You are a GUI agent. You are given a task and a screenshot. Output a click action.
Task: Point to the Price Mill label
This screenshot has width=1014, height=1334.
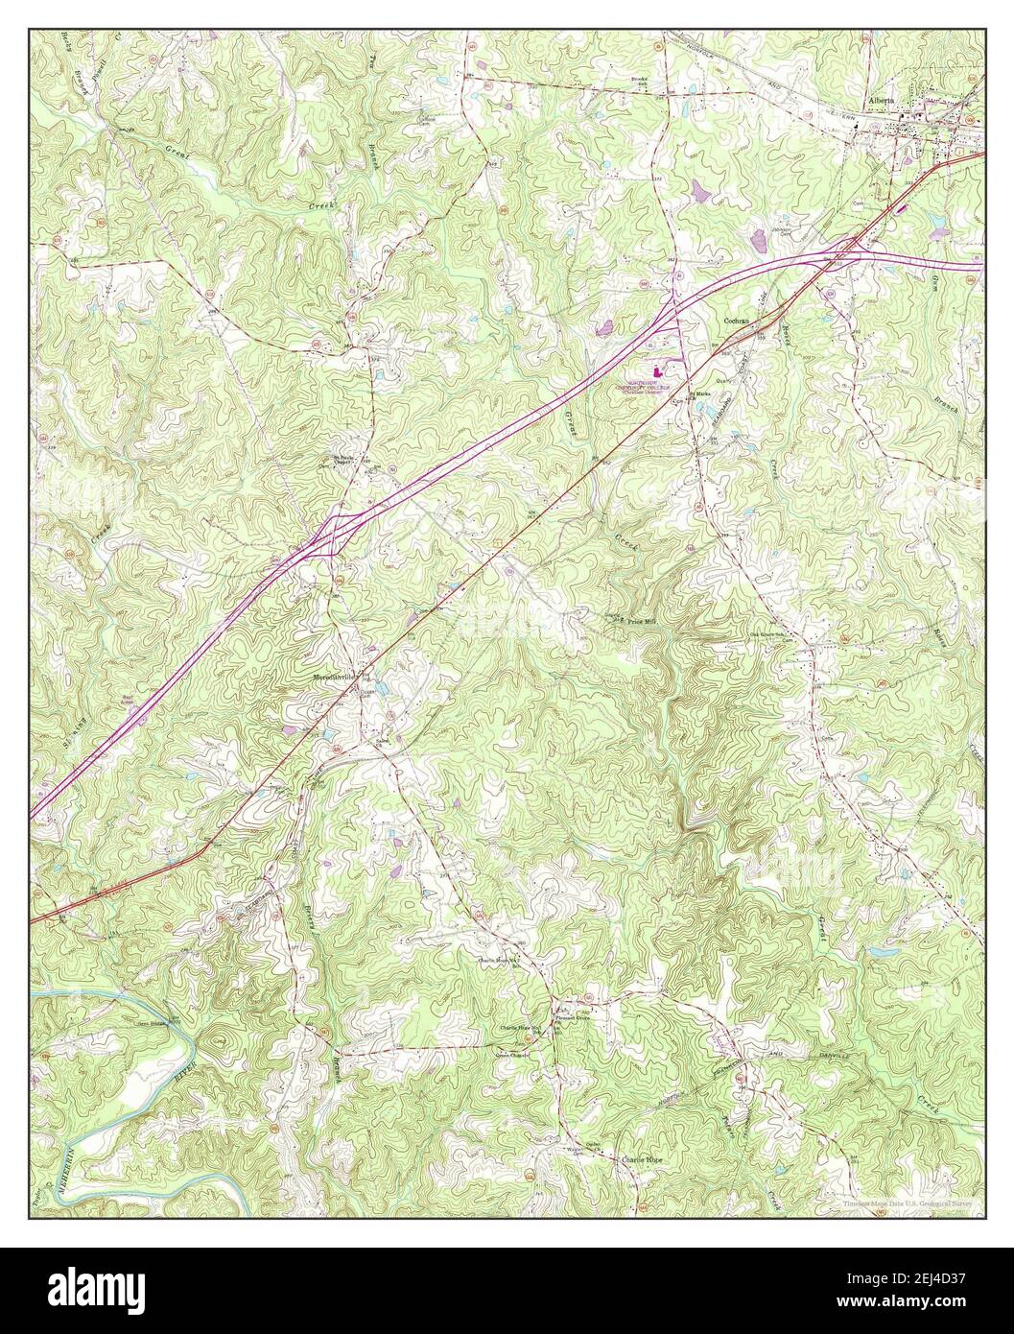(x=642, y=622)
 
